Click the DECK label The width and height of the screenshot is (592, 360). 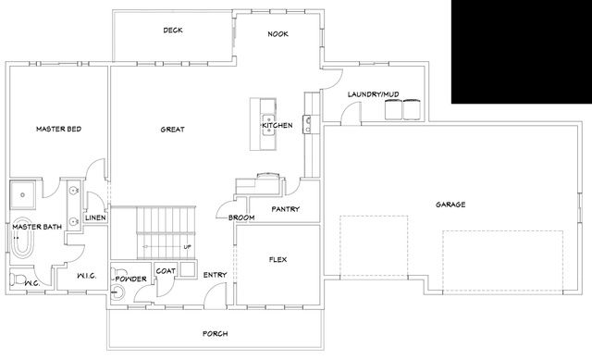tap(173, 31)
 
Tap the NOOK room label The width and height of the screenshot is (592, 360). tap(278, 33)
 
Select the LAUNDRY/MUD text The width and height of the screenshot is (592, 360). tap(373, 94)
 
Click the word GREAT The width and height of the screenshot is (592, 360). tap(172, 130)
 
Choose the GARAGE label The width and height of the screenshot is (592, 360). tap(450, 204)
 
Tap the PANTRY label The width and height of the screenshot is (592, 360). tap(285, 209)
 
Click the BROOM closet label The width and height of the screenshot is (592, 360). tap(241, 217)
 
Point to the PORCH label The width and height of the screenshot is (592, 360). tap(215, 333)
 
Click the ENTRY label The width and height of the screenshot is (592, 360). tap(215, 274)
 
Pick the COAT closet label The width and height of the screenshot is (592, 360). tap(166, 270)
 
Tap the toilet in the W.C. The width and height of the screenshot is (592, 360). tap(17, 280)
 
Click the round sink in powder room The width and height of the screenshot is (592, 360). tap(117, 293)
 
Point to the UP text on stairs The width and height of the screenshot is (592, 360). tap(188, 247)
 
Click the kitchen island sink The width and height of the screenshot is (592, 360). tap(266, 125)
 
